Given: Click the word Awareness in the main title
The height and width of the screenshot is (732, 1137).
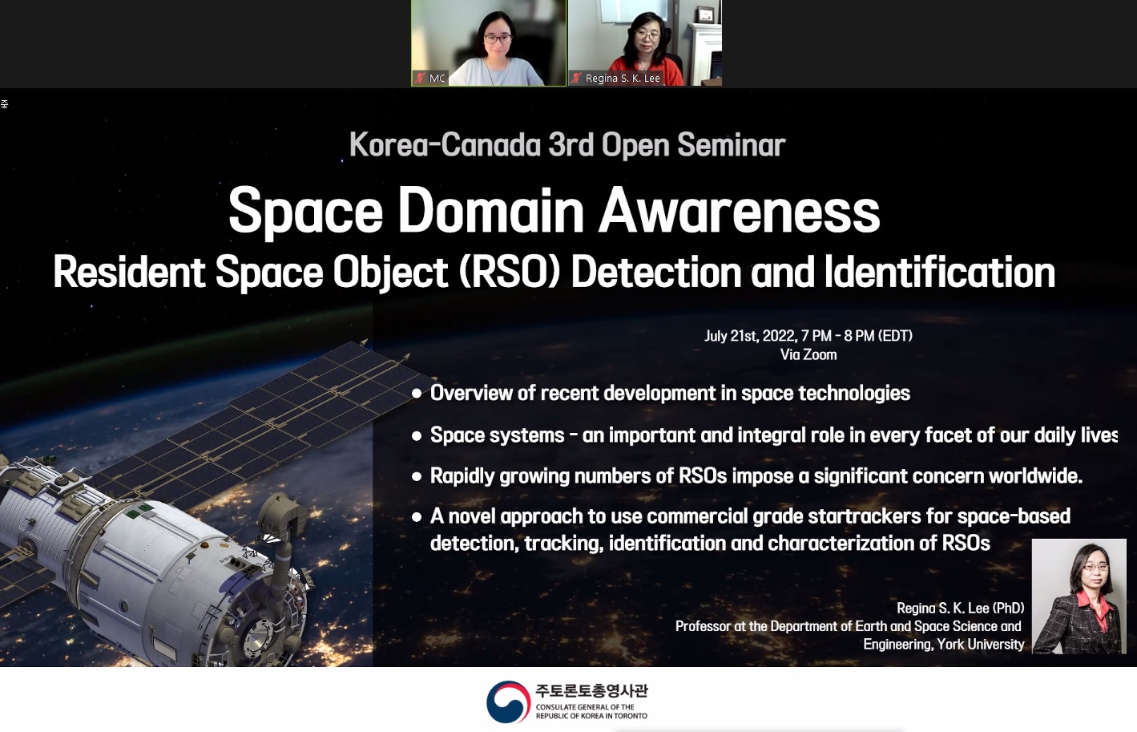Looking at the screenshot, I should pyautogui.click(x=739, y=211).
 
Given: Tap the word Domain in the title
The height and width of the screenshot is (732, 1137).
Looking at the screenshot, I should pyautogui.click(x=490, y=211).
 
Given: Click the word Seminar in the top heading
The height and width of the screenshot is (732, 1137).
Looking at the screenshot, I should pyautogui.click(x=731, y=145).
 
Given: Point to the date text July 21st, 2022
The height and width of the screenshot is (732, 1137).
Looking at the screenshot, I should pyautogui.click(x=750, y=336).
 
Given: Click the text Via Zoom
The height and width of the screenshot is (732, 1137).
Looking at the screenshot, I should pyautogui.click(x=808, y=354).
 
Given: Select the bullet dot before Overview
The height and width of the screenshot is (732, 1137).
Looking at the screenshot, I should pyautogui.click(x=417, y=394).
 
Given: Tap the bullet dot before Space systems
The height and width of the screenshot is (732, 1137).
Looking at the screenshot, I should pyautogui.click(x=417, y=436).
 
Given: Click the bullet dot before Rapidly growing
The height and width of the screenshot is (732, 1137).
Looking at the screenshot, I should pyautogui.click(x=417, y=476).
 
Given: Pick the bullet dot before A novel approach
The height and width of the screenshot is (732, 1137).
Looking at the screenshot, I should pyautogui.click(x=417, y=517).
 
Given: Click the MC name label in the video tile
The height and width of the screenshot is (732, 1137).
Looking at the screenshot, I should pyautogui.click(x=437, y=79).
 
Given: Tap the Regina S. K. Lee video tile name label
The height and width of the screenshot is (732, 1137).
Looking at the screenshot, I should pyautogui.click(x=623, y=79).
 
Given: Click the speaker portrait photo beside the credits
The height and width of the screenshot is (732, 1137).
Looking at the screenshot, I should pyautogui.click(x=1079, y=596).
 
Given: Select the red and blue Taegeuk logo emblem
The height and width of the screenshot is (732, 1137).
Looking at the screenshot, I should pyautogui.click(x=508, y=702).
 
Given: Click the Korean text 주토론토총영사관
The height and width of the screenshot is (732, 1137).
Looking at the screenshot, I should pyautogui.click(x=591, y=690).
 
